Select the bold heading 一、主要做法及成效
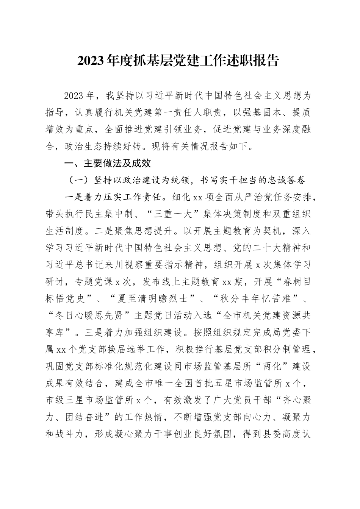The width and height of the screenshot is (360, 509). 103,164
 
